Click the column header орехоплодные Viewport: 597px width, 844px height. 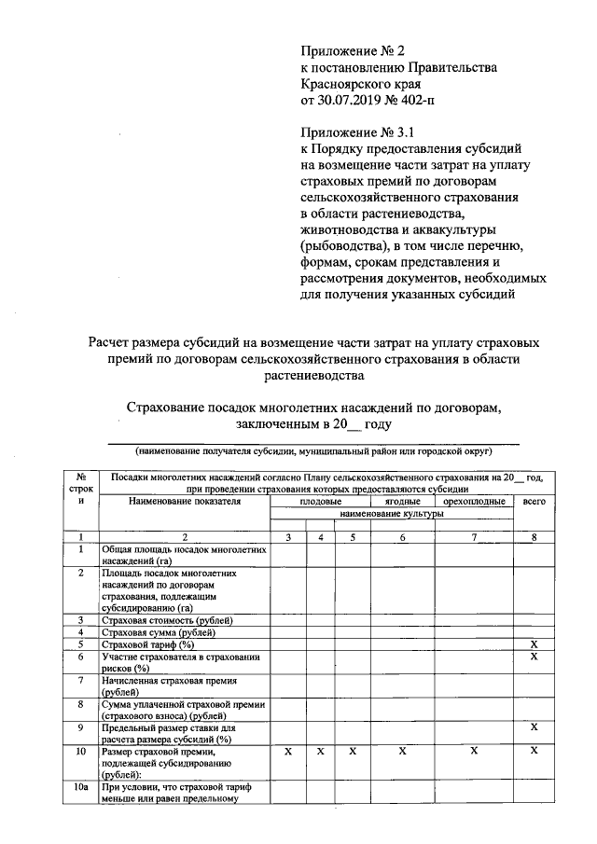tap(474, 501)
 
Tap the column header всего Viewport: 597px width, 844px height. tap(535, 501)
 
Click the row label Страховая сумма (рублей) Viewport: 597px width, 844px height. tap(160, 632)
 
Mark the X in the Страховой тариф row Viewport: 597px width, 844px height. tap(535, 644)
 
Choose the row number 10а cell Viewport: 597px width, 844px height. tap(81, 786)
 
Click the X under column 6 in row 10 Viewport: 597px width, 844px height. tap(402, 750)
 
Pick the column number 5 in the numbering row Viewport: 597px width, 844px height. tap(353, 537)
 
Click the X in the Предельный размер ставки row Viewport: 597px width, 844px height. tap(535, 726)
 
